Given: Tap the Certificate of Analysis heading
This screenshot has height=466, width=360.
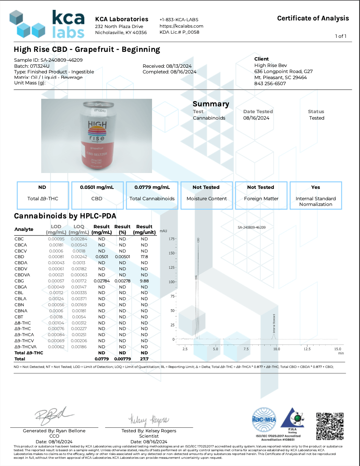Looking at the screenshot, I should click(x=313, y=18).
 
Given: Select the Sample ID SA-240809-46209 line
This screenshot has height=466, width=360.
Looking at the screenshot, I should click(x=48, y=60).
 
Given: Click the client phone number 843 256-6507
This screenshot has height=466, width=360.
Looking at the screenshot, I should click(x=270, y=83).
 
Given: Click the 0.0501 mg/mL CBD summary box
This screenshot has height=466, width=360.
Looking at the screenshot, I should click(x=97, y=195).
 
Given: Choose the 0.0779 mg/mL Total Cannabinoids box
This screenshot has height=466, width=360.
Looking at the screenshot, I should click(x=152, y=195).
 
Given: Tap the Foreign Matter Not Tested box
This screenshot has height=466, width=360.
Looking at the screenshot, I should click(x=261, y=195).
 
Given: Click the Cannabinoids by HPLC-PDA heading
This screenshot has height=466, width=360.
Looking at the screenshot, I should click(x=65, y=216).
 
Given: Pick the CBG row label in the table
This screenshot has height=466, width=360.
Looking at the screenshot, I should click(x=19, y=281).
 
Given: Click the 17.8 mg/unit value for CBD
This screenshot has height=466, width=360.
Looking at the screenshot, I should click(x=144, y=257).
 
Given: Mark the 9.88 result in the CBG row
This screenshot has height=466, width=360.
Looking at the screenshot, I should click(x=144, y=281).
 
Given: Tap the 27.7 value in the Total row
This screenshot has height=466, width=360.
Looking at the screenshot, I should click(x=144, y=358).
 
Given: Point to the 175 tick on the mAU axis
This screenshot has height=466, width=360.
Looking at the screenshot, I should click(x=172, y=239).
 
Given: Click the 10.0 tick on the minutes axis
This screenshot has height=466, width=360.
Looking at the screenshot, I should click(x=277, y=349).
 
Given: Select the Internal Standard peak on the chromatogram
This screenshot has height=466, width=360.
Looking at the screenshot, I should click(x=274, y=335).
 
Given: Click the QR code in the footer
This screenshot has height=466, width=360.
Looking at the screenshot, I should click(x=330, y=425).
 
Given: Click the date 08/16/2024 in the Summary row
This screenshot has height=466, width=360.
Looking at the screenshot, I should click(x=256, y=118).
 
